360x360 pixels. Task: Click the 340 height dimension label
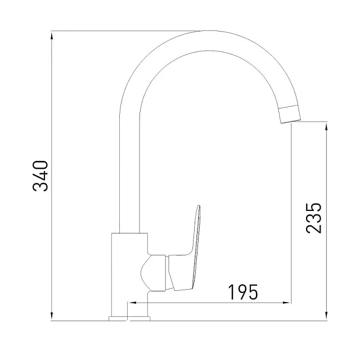(x=41, y=176)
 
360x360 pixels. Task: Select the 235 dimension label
(x=313, y=218)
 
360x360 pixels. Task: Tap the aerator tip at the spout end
(x=290, y=112)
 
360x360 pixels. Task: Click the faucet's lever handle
(x=188, y=247)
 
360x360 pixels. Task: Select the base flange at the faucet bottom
(x=130, y=318)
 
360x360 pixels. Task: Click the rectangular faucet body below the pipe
(x=129, y=270)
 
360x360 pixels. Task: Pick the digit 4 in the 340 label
(x=41, y=176)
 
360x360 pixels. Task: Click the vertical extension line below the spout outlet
(x=291, y=214)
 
